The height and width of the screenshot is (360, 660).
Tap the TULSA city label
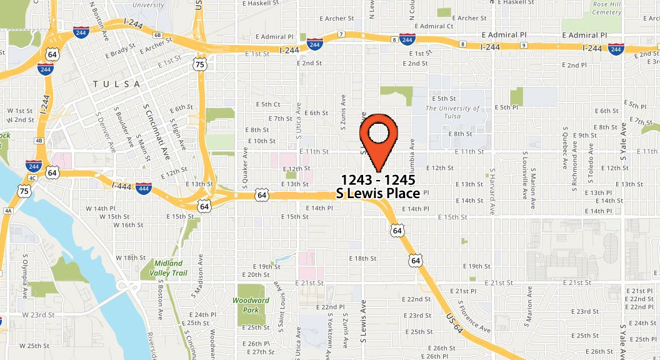[x=116, y=84]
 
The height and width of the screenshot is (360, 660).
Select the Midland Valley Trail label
[x=169, y=268]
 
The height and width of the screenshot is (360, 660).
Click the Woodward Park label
[x=251, y=305]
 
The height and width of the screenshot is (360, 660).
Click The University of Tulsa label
[x=453, y=112]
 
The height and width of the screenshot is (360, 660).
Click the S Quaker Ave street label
[x=245, y=169]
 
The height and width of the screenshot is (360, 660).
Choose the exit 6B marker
[x=157, y=36]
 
